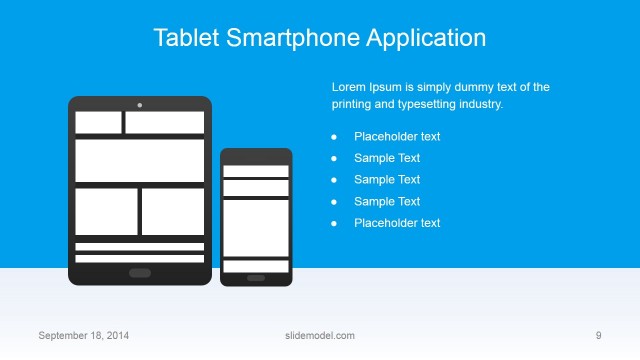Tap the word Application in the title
pyautogui.click(x=427, y=38)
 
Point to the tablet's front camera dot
pyautogui.click(x=140, y=104)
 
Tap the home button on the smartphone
pyautogui.click(x=256, y=278)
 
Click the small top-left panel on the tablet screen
pyautogui.click(x=98, y=122)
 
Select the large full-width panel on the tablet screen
pyautogui.click(x=140, y=160)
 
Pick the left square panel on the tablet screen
pyautogui.click(x=106, y=211)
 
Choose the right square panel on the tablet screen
pyautogui.click(x=172, y=211)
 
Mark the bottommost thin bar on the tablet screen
pyautogui.click(x=140, y=258)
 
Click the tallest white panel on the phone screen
pyautogui.click(x=256, y=227)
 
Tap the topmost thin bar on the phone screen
pyautogui.click(x=256, y=171)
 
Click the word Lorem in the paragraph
pyautogui.click(x=349, y=87)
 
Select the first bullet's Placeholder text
pyautogui.click(x=397, y=137)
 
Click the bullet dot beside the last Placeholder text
pyautogui.click(x=334, y=224)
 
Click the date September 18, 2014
pyautogui.click(x=83, y=335)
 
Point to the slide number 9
pyautogui.click(x=598, y=335)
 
